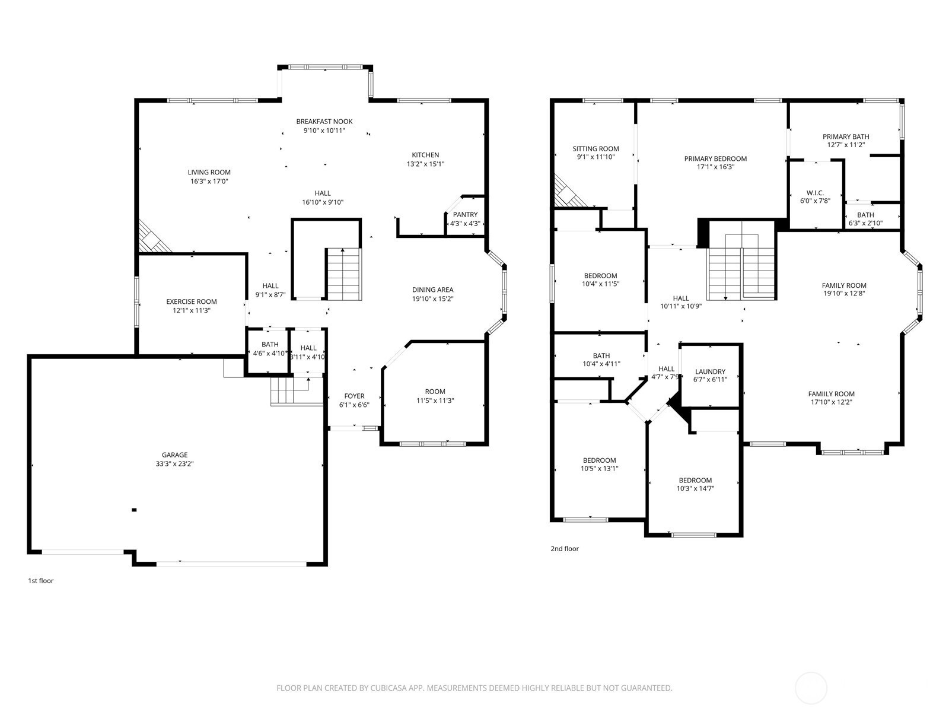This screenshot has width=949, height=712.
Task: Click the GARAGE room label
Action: pos(174,454)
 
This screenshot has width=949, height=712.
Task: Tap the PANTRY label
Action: pos(465,214)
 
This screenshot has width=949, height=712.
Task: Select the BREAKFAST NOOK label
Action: pos(324,122)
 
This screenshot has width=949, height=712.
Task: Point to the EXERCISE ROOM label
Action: pos(192,302)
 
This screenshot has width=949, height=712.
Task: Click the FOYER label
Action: pos(354,396)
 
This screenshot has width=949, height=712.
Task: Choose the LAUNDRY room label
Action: pos(711,371)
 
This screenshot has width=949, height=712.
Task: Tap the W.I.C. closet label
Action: pos(815,193)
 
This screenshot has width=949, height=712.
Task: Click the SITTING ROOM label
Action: pos(595,149)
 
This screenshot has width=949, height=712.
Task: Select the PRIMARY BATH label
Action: pos(846,136)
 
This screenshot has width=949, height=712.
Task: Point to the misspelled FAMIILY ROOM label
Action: pos(832,394)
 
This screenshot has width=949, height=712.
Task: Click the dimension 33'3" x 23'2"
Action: pos(174,464)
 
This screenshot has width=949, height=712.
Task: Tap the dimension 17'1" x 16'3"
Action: pos(715,167)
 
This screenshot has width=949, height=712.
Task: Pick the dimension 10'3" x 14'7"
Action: pos(695,488)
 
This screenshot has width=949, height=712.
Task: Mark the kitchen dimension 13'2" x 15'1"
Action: pos(425,164)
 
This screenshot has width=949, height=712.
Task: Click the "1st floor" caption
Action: pos(41,581)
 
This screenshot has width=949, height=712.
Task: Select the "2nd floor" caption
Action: pos(565,549)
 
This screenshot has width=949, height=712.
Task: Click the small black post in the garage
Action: pos(134,510)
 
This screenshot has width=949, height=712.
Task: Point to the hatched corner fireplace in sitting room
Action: pos(569,193)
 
